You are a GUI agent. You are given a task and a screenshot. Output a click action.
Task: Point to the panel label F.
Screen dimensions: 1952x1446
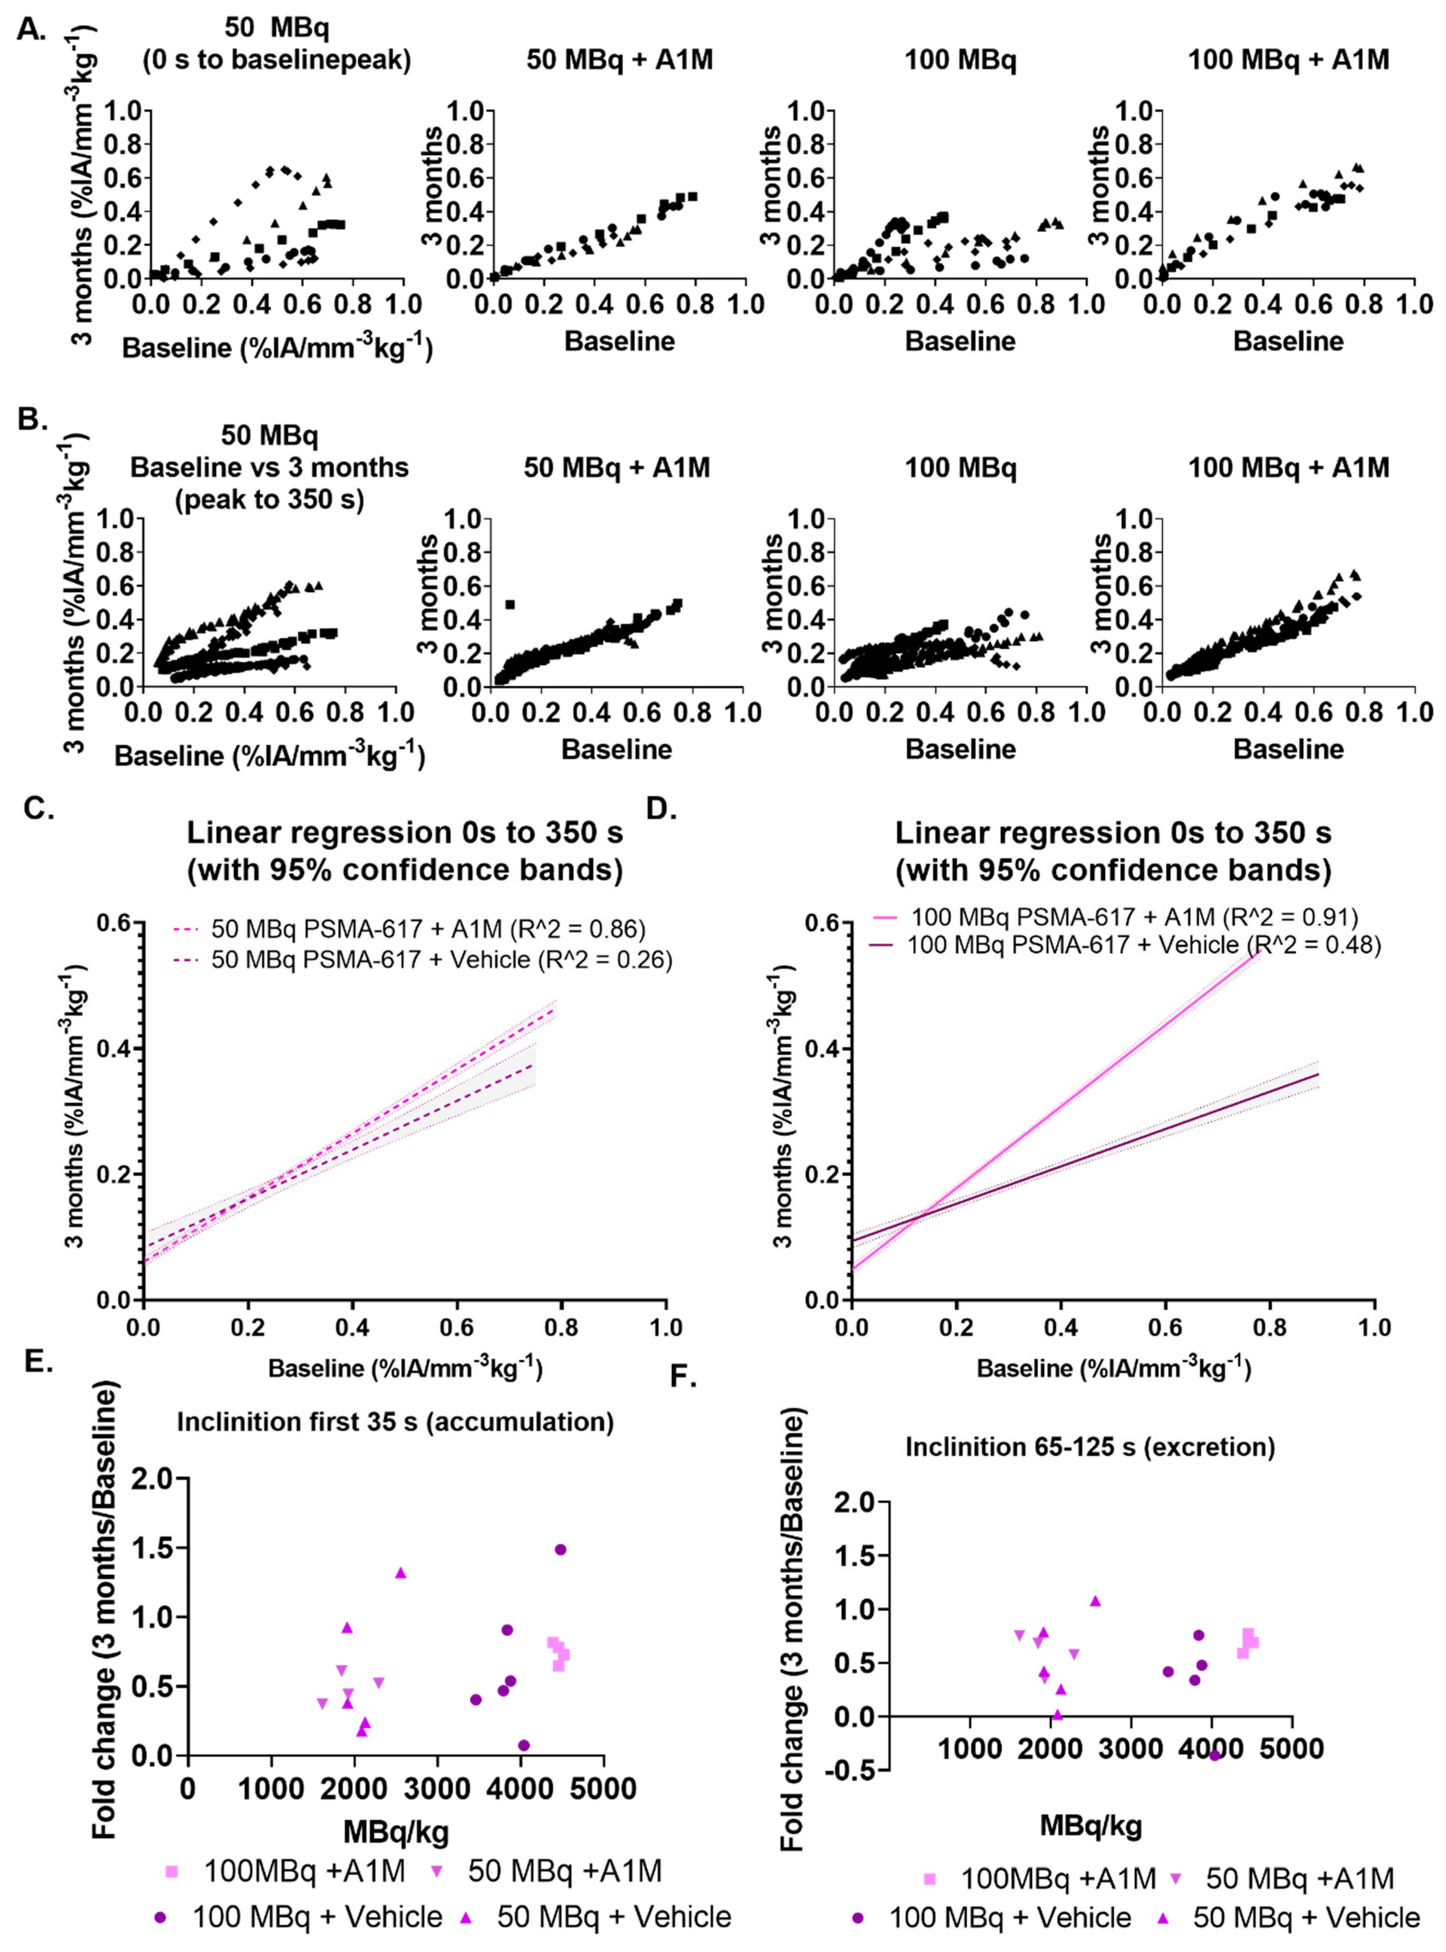[x=683, y=1376]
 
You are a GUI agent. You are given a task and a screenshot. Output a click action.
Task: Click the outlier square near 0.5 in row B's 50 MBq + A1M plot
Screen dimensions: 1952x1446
[x=510, y=604]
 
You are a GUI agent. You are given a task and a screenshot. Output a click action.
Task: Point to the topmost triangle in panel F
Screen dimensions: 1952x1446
[x=1095, y=1601]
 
